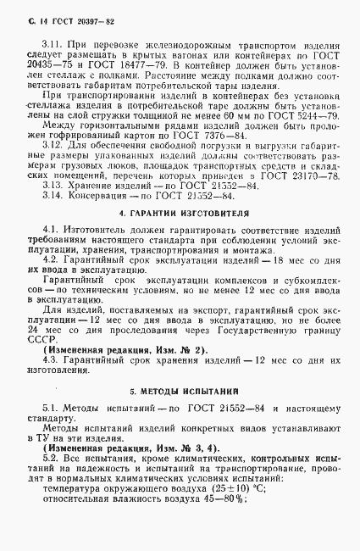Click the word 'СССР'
pyautogui.click(x=40, y=405)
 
